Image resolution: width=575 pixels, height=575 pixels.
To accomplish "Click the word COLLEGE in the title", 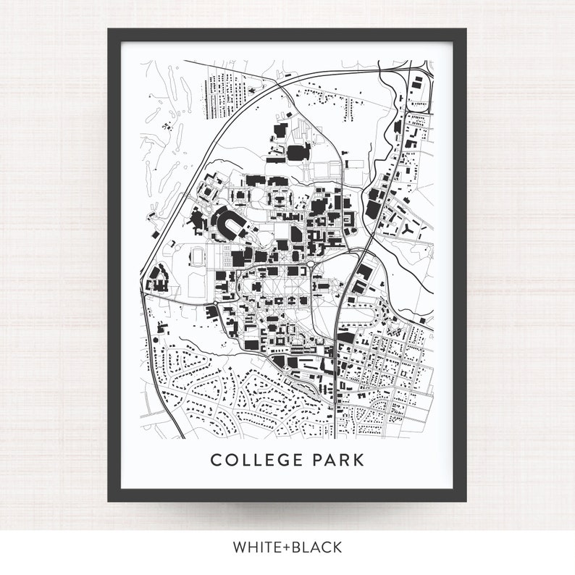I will [254, 461].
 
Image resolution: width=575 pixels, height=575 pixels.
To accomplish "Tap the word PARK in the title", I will [337, 461].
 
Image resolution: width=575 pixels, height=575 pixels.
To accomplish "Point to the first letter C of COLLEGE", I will [215, 461].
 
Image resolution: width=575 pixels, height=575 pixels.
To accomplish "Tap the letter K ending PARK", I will [358, 461].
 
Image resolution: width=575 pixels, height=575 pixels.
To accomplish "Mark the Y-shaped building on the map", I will [411, 228].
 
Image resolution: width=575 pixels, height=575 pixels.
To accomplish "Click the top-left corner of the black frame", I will [110, 31].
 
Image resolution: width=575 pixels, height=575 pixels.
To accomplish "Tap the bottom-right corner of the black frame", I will [465, 500].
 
